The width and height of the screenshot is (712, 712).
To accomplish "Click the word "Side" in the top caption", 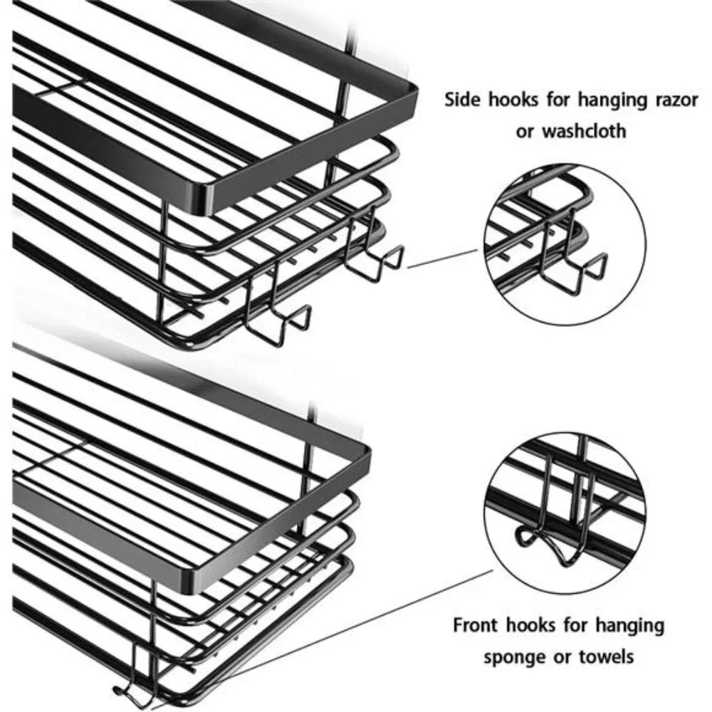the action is [x=463, y=99].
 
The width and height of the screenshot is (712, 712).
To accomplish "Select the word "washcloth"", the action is [x=585, y=131].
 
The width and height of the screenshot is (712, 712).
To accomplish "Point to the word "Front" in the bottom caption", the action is [x=476, y=625].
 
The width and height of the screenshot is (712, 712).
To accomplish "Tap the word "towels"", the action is [x=606, y=656].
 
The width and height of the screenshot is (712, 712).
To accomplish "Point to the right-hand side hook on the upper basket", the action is [x=372, y=254].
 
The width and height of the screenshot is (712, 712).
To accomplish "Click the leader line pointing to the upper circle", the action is [x=443, y=258].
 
